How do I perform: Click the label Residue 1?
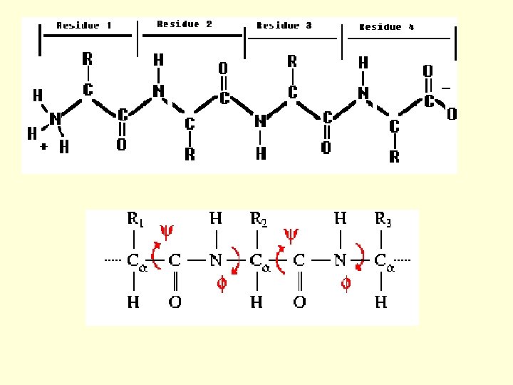pos(84,26)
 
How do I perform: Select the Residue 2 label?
pos(185,24)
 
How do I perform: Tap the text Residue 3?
pos(284,26)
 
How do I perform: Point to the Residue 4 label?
pos(386,27)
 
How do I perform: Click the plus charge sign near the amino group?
pos(43,146)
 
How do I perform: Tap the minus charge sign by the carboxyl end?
pos(446,87)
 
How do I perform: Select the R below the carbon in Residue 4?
pos(394,157)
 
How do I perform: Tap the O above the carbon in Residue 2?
pos(223,68)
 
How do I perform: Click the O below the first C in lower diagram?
pos(175,302)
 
